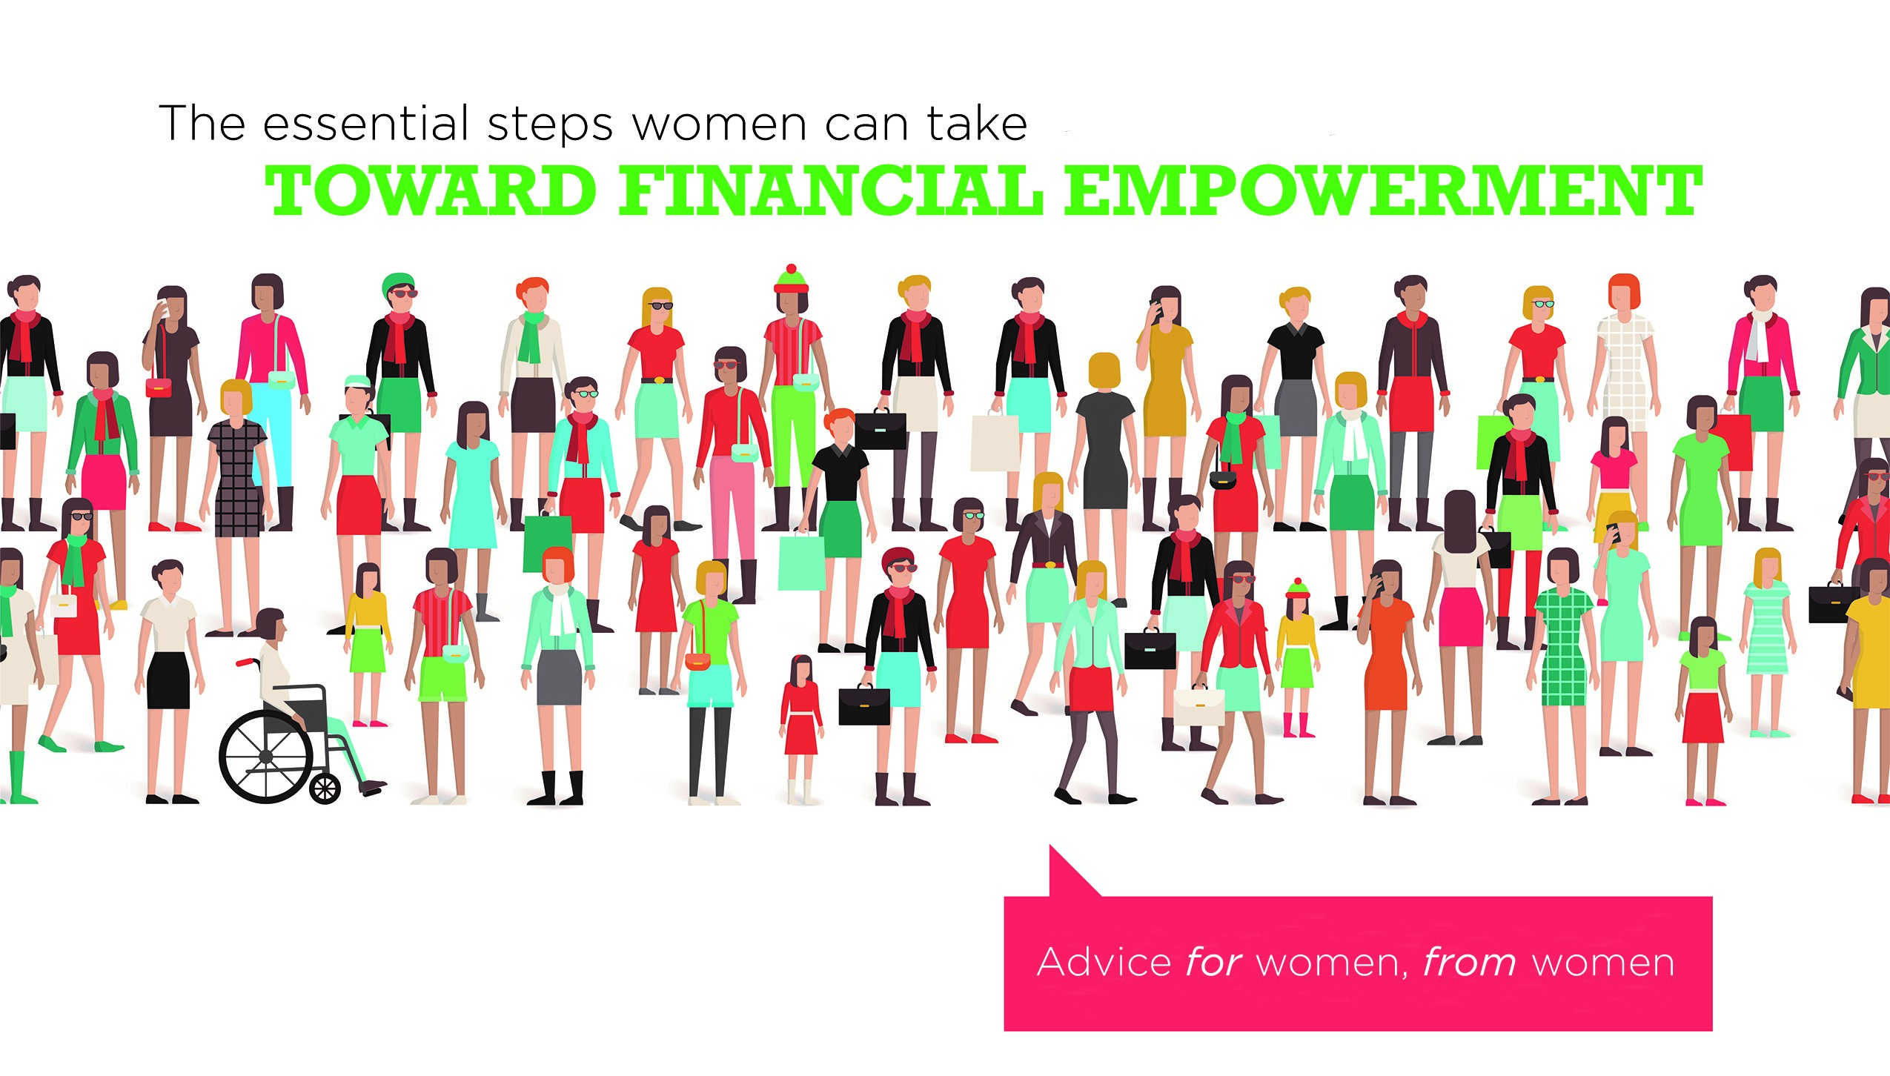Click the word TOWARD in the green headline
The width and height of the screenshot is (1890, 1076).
pos(431,190)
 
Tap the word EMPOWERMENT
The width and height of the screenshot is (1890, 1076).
pos(1383,190)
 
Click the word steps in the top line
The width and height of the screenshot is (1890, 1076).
pos(551,126)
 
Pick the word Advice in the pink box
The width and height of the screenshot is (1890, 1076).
pos(1104,963)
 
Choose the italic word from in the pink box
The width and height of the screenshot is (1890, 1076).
pos(1470,963)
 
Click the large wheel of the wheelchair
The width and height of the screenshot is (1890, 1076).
pos(265,756)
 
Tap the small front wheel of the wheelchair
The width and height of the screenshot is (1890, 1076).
pos(324,788)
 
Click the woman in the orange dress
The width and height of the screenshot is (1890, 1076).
pos(1386,682)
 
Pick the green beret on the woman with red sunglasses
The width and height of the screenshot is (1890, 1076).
pos(398,282)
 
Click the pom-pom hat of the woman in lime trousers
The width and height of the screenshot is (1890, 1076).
pos(792,278)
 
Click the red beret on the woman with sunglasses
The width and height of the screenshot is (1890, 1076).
pos(898,556)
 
